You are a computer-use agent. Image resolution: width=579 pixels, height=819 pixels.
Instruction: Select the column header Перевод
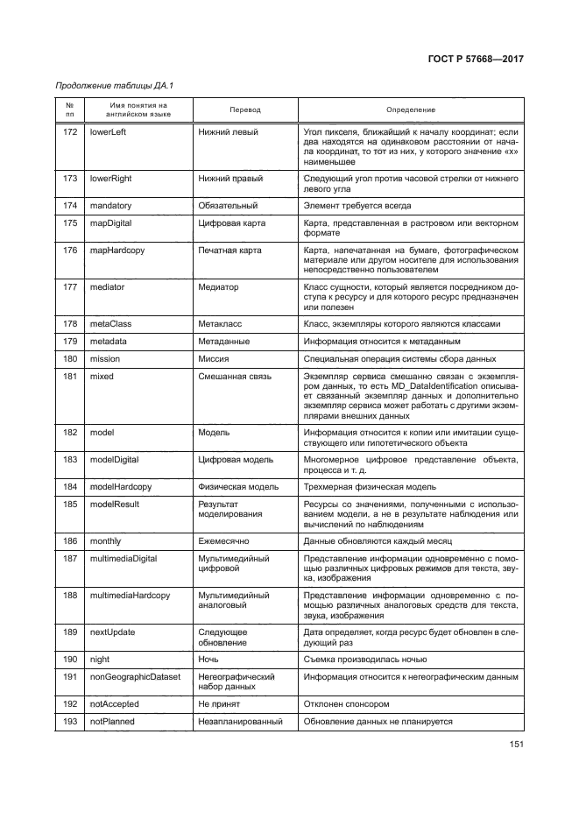click(244, 109)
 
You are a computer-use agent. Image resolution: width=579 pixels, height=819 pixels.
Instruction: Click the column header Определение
click(410, 109)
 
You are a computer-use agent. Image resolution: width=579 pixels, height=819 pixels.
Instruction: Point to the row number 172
click(70, 131)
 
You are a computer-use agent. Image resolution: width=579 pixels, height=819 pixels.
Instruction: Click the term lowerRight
click(110, 179)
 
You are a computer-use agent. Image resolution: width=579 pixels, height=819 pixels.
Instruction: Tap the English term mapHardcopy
click(117, 251)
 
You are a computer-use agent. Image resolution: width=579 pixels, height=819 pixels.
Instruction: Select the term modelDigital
click(115, 460)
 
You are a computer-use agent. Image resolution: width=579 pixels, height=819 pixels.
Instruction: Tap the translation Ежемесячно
click(226, 542)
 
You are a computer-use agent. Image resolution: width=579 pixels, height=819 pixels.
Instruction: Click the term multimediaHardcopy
click(130, 596)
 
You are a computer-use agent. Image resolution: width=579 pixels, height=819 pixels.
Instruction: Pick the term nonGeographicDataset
click(136, 677)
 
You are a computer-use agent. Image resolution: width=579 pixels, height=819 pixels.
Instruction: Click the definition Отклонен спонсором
click(346, 703)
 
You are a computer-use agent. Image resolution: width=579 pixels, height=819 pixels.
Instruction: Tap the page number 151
click(514, 746)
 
